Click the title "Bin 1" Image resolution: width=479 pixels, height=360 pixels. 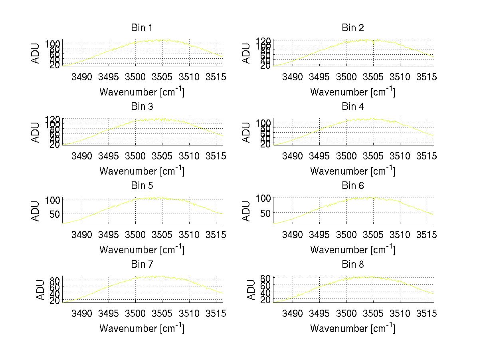(x=141, y=28)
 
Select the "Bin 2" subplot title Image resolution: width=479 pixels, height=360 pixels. (x=352, y=28)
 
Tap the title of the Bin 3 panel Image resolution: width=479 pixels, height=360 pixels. (x=141, y=107)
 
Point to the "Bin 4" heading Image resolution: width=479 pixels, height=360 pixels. (x=352, y=107)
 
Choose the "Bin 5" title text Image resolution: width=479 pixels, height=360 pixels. (x=141, y=186)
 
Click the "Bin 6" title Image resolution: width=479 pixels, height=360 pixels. (x=352, y=186)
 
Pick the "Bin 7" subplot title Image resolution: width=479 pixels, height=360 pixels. (x=141, y=265)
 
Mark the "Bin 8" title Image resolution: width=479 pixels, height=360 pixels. (x=352, y=265)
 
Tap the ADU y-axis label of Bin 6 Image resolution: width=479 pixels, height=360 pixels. (x=247, y=211)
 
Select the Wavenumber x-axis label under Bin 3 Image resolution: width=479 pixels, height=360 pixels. (x=142, y=171)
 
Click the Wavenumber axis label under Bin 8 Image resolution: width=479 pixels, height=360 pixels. (x=352, y=328)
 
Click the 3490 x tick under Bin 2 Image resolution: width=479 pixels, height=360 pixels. (x=292, y=77)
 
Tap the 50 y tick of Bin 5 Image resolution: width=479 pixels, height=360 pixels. (x=55, y=213)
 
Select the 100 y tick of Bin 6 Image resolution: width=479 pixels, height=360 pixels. (x=263, y=198)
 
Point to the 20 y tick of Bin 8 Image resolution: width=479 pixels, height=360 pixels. (x=266, y=300)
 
